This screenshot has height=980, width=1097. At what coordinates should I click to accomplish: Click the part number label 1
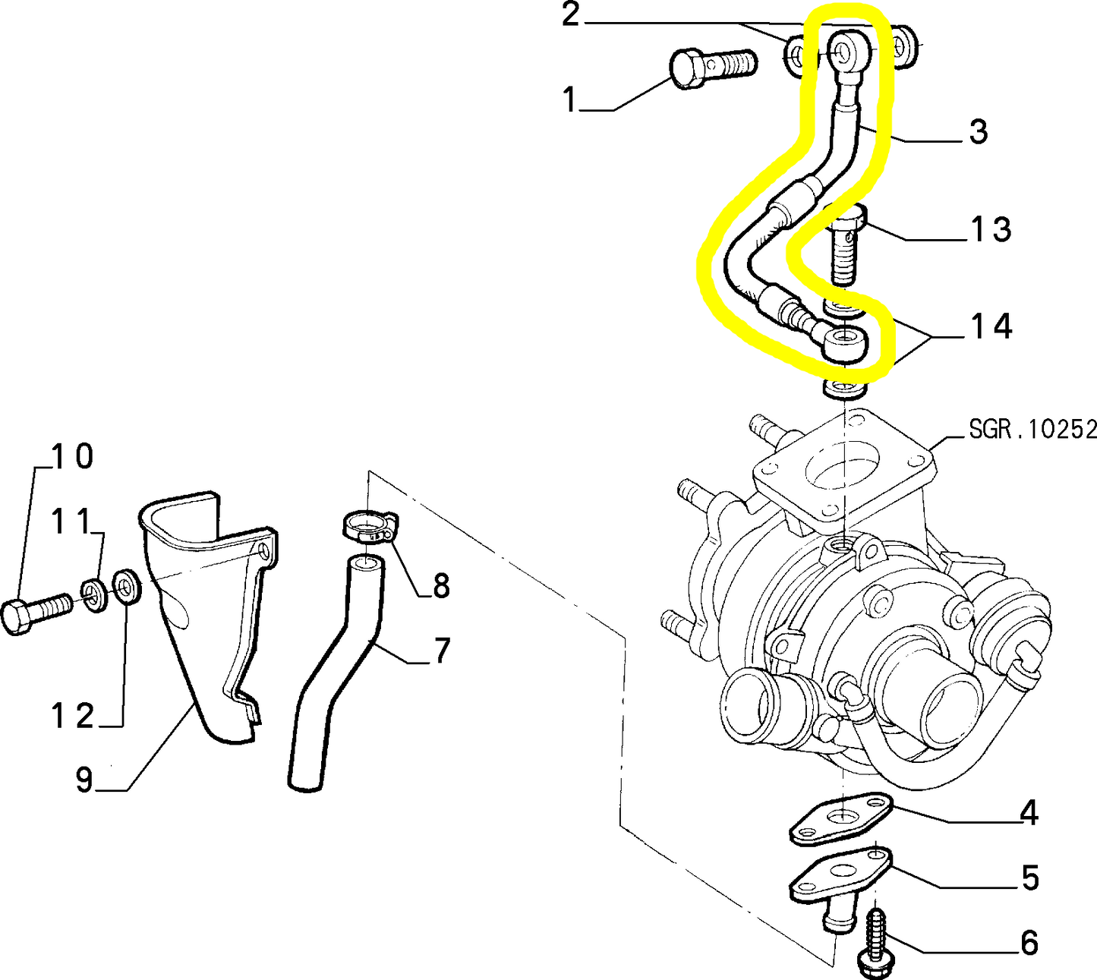coord(570,99)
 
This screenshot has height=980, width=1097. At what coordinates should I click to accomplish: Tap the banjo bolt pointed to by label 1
coord(711,66)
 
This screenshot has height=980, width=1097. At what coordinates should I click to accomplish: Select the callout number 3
coord(978,131)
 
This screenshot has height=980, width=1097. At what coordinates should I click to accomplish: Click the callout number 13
coord(991,228)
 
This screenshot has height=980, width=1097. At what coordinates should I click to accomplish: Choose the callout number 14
coord(991,326)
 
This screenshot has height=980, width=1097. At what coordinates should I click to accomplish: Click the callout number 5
coord(1029,878)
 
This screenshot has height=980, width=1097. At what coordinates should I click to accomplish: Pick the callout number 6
coord(1029,943)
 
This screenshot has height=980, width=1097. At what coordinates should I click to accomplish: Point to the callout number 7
coord(441,651)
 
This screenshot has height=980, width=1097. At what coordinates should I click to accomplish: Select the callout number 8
coord(441,586)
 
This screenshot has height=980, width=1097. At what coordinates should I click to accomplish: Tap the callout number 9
coord(84,780)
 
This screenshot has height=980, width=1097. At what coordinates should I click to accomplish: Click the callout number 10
coord(72,456)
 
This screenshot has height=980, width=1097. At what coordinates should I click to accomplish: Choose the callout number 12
coord(72,716)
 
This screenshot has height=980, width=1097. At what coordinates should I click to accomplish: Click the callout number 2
coord(570,15)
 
